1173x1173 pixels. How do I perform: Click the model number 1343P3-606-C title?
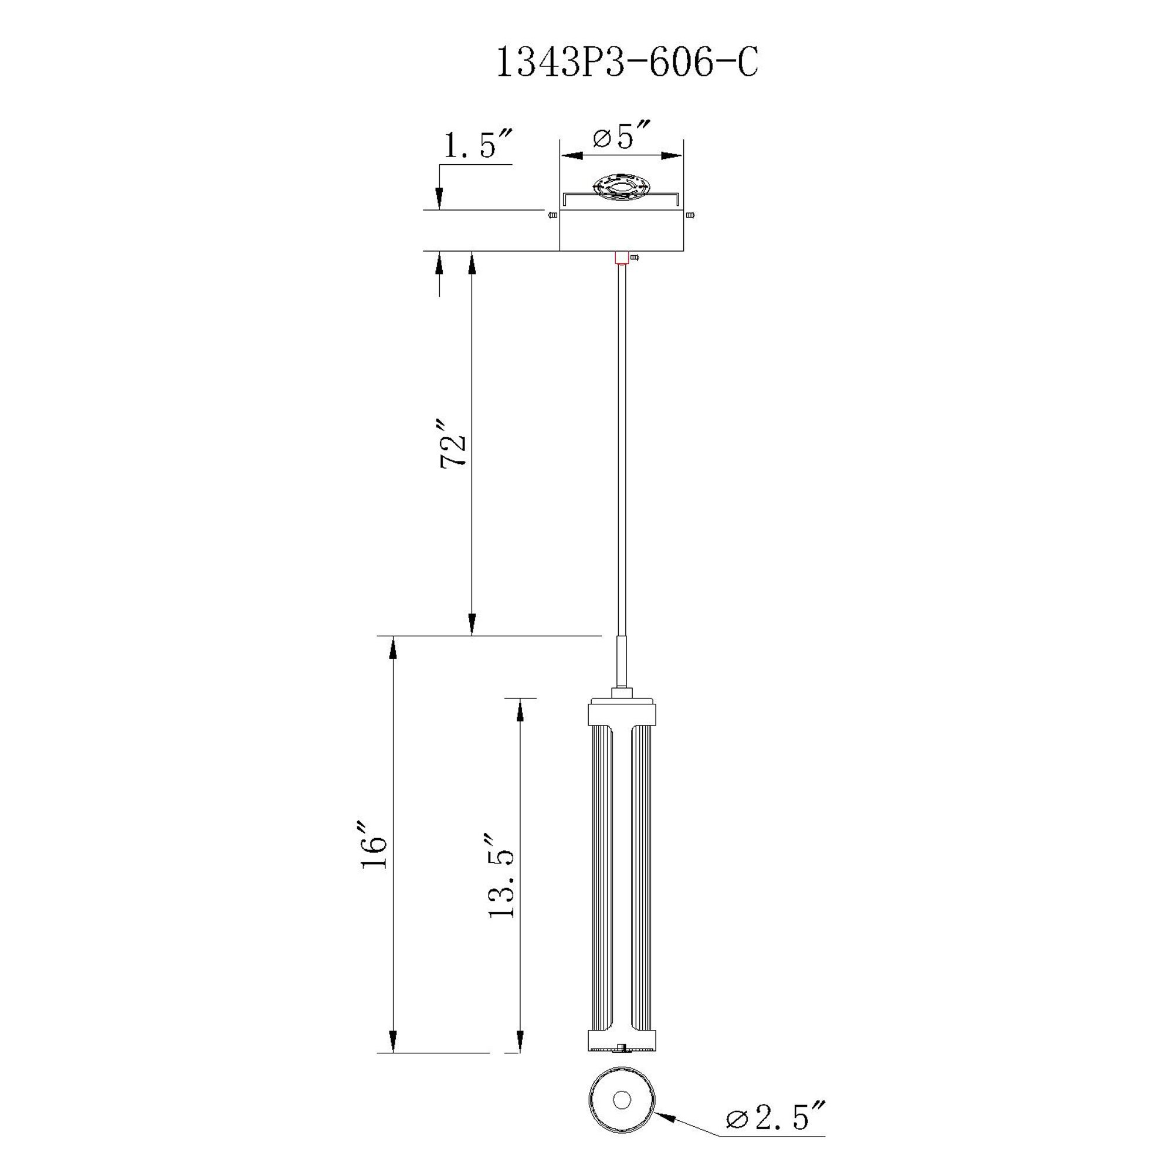(x=627, y=63)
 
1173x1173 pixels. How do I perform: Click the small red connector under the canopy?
(x=621, y=258)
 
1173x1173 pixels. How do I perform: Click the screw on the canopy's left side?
(x=552, y=215)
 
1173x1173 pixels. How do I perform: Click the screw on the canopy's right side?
(x=690, y=215)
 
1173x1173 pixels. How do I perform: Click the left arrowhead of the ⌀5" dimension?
(x=571, y=156)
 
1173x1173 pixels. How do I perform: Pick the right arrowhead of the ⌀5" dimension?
(x=672, y=156)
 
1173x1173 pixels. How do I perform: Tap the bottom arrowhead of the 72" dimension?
(x=472, y=624)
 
